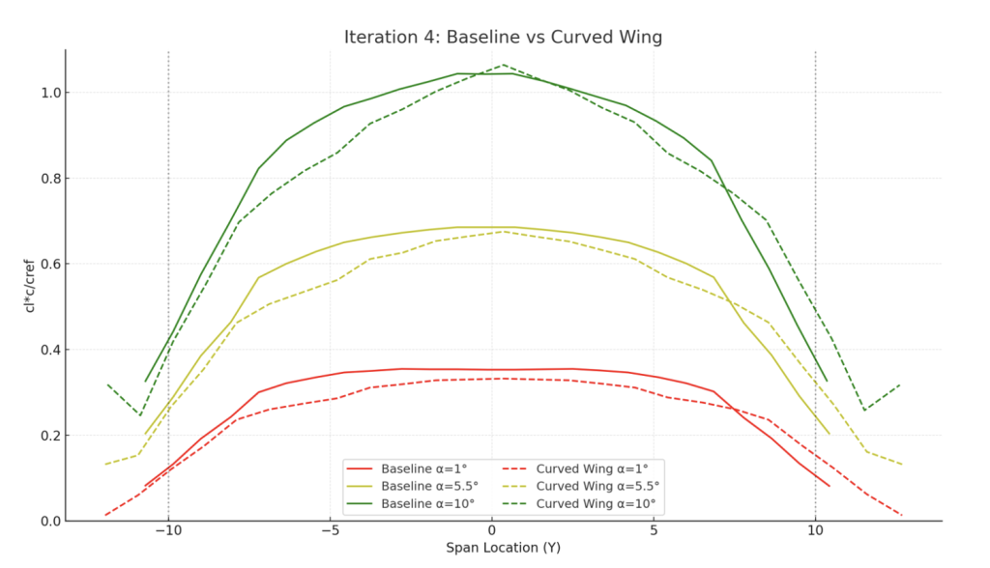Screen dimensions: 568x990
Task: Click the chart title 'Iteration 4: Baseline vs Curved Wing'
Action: click(x=503, y=38)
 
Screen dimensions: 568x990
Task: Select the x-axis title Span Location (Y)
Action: click(x=503, y=548)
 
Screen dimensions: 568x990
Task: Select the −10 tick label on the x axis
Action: click(x=168, y=530)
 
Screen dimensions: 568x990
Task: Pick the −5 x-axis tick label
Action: click(x=330, y=530)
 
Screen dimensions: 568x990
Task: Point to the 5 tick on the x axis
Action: click(x=654, y=530)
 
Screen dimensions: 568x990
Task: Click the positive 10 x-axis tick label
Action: click(x=815, y=530)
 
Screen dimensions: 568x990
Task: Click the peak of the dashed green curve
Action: click(x=503, y=65)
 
